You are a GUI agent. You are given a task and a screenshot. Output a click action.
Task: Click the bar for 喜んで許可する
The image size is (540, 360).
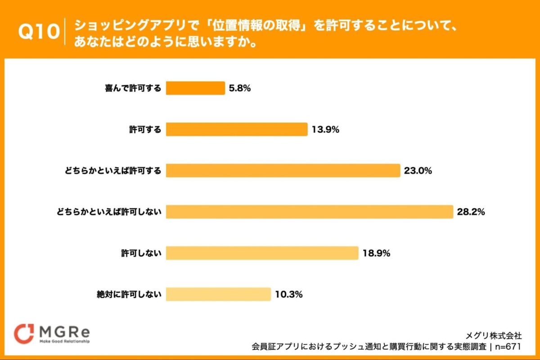[x=195, y=88]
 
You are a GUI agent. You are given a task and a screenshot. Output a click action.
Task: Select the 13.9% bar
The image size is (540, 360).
[x=237, y=130]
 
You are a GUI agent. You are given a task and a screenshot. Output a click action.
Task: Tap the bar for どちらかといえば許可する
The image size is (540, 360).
[x=283, y=171]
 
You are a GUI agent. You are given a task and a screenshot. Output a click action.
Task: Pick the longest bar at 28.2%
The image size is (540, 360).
[x=309, y=212]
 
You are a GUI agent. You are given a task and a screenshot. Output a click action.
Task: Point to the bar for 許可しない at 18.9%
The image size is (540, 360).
[x=262, y=253]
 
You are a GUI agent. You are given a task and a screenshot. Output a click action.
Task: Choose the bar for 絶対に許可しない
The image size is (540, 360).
[x=218, y=294]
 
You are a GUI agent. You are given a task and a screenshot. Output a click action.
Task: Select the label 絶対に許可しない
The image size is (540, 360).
[x=129, y=295]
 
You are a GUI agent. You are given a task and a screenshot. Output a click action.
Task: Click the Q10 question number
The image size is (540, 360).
[x=39, y=32]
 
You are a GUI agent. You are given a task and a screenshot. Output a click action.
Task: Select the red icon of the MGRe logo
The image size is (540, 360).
[x=24, y=333]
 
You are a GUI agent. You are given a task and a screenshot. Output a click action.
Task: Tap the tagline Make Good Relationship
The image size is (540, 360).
[x=63, y=342]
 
